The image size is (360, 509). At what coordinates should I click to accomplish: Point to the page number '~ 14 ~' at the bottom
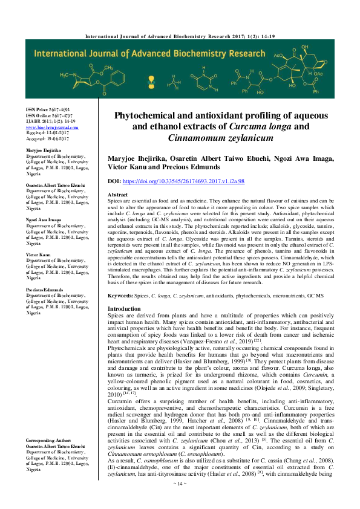(180, 501)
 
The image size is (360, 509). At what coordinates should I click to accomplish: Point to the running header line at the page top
(180, 37)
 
